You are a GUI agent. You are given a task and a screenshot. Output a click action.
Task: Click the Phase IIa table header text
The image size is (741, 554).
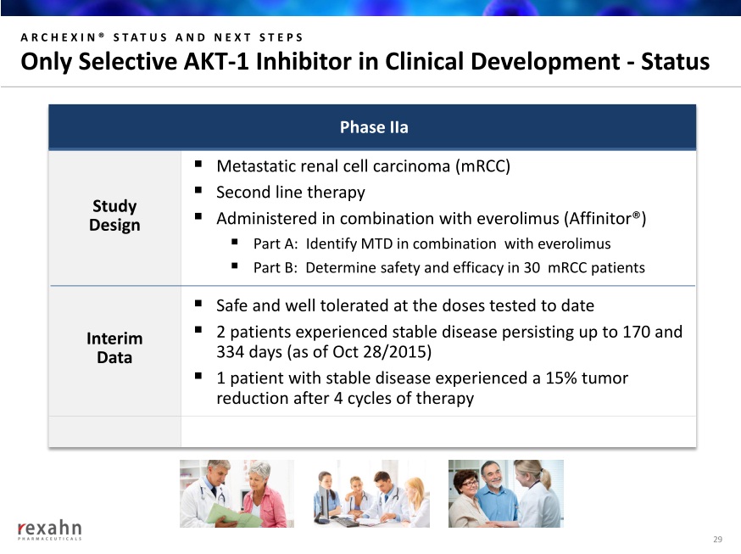[x=374, y=127]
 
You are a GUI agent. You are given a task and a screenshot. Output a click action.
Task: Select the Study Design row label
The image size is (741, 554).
[x=114, y=215]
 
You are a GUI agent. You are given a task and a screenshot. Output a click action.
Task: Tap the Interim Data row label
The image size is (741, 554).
[x=114, y=348]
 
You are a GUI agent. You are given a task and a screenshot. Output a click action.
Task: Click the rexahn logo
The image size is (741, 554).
[x=50, y=529]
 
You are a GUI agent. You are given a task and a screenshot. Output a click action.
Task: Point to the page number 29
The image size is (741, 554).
[x=717, y=539]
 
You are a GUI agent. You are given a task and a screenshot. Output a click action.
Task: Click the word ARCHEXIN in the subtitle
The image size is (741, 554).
[x=59, y=37]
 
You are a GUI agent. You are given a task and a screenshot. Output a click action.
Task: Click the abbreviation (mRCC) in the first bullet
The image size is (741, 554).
[x=482, y=166]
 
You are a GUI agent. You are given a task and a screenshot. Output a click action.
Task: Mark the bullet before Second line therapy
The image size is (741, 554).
[x=198, y=191]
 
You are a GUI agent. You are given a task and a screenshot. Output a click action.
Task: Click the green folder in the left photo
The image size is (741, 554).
[x=234, y=515]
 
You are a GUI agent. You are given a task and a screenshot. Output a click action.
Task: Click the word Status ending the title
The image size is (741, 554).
[x=675, y=61]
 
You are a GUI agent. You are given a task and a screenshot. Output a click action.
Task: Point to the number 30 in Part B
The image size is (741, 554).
[x=532, y=268]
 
